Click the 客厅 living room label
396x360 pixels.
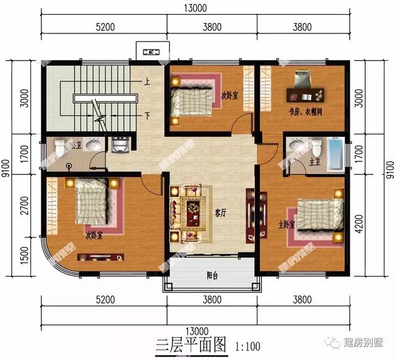pyautogui.click(x=220, y=212)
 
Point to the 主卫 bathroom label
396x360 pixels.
pyautogui.click(x=296, y=163)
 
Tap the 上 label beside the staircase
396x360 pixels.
pyautogui.click(x=147, y=82)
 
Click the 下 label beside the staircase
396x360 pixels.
pyautogui.click(x=147, y=115)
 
